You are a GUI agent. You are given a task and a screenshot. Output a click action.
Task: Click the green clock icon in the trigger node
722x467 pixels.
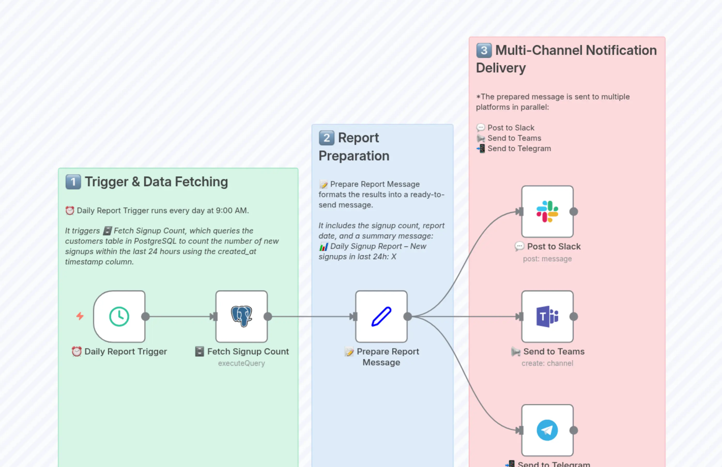click(119, 316)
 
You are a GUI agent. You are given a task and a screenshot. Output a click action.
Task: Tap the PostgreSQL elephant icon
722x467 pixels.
click(241, 316)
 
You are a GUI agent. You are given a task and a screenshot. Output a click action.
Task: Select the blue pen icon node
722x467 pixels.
click(381, 316)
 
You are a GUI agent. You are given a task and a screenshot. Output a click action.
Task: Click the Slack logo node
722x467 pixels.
click(547, 211)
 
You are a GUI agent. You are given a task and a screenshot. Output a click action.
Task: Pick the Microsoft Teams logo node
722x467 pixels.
click(547, 316)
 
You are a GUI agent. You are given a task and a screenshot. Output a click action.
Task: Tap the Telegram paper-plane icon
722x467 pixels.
click(547, 430)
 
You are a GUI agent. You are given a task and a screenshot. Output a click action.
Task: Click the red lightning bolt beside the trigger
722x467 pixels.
click(80, 316)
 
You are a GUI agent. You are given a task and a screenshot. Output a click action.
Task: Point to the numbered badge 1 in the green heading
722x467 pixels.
click(73, 182)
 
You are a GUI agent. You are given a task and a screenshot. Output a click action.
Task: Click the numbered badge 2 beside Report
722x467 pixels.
click(326, 138)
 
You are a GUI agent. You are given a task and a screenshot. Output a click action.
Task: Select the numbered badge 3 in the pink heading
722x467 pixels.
click(484, 50)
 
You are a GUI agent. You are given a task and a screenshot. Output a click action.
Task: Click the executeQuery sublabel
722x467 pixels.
click(241, 363)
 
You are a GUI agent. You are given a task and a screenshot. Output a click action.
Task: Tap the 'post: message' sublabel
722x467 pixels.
click(547, 259)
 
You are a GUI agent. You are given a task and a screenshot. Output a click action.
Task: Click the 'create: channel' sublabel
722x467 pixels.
click(547, 363)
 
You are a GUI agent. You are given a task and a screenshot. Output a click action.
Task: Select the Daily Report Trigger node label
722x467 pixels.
click(125, 351)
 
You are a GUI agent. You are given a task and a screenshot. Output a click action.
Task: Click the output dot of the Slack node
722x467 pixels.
click(573, 211)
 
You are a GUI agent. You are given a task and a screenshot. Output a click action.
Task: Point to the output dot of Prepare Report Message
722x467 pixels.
click(408, 316)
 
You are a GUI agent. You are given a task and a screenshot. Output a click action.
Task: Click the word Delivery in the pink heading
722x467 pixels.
click(501, 68)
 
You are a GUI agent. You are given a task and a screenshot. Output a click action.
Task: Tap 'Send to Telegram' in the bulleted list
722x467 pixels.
click(519, 148)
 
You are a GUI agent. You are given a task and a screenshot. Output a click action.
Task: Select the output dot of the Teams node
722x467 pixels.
click(573, 316)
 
